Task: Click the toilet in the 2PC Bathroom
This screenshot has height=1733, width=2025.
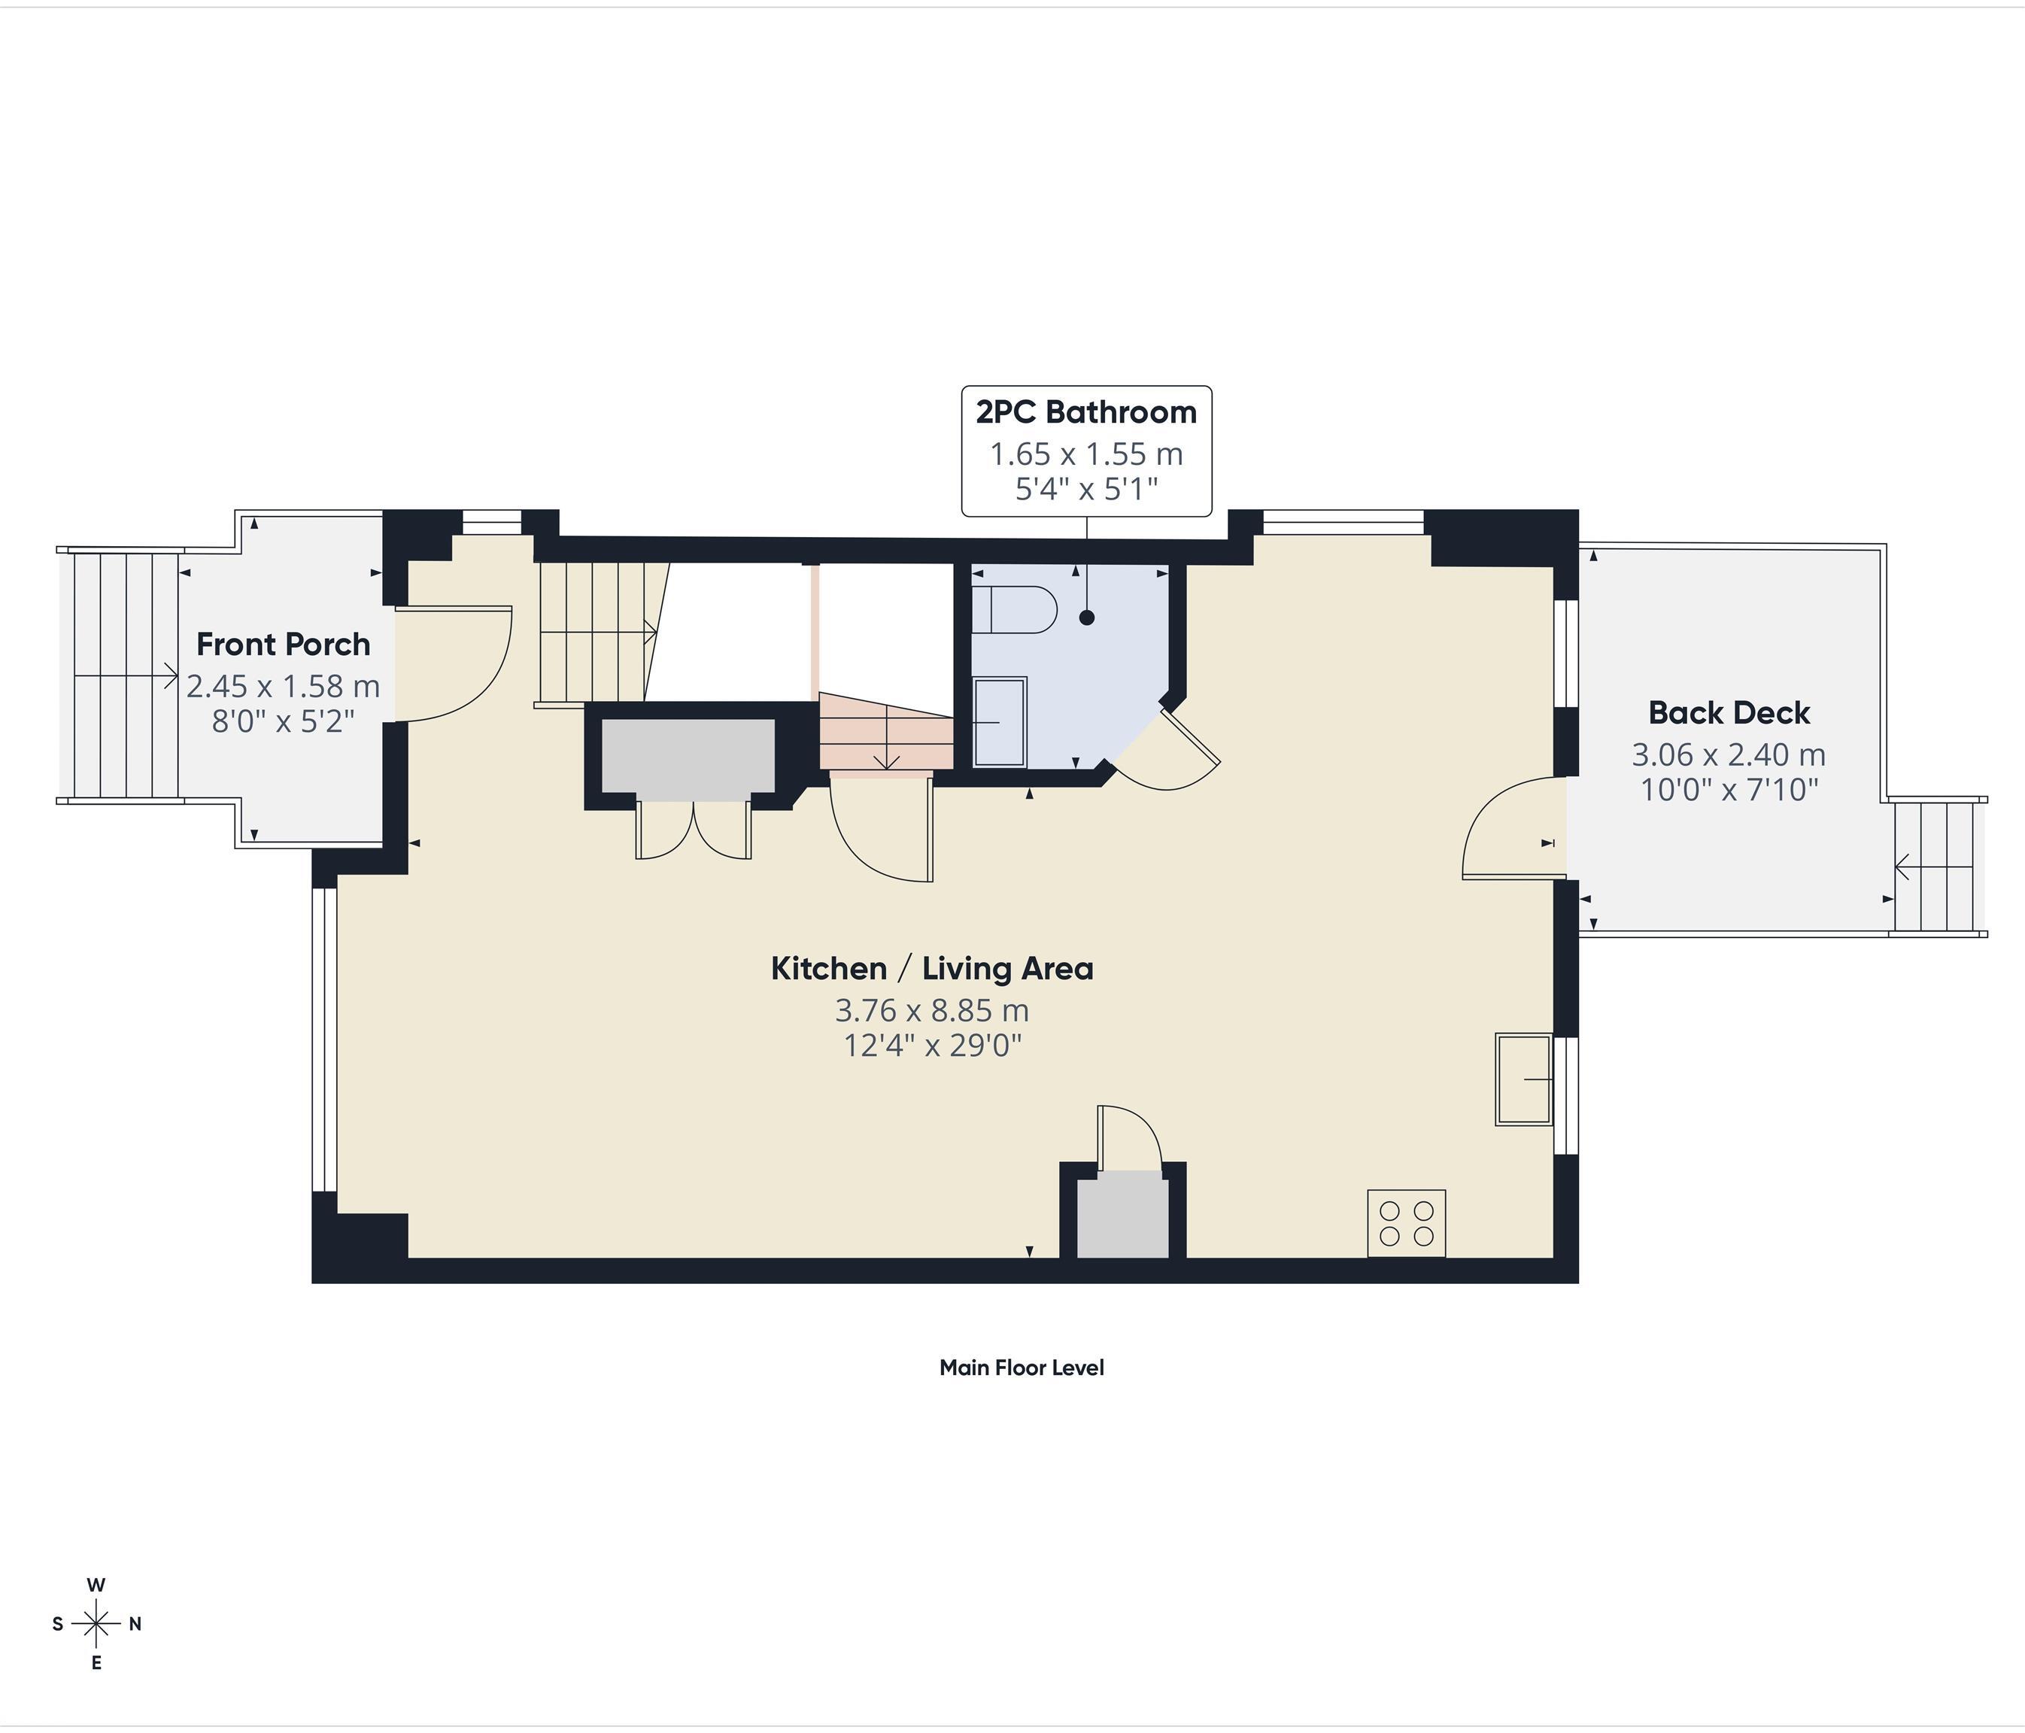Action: click(x=1016, y=610)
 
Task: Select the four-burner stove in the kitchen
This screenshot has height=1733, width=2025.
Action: click(x=1405, y=1223)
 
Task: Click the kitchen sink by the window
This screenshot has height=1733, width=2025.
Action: click(x=1523, y=1079)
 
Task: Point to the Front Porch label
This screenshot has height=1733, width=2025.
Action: click(x=284, y=644)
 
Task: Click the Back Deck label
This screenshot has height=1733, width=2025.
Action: click(x=1728, y=712)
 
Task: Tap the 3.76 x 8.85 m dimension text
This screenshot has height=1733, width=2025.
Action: click(x=931, y=1009)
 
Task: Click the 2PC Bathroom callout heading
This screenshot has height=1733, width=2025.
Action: click(x=1085, y=412)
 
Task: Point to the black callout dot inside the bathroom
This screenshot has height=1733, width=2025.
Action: click(x=1087, y=618)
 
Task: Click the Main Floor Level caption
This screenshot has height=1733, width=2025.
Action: click(x=1022, y=1367)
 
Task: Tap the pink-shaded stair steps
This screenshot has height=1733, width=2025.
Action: click(x=885, y=733)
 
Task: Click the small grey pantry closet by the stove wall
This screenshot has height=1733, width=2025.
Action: click(x=1122, y=1215)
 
